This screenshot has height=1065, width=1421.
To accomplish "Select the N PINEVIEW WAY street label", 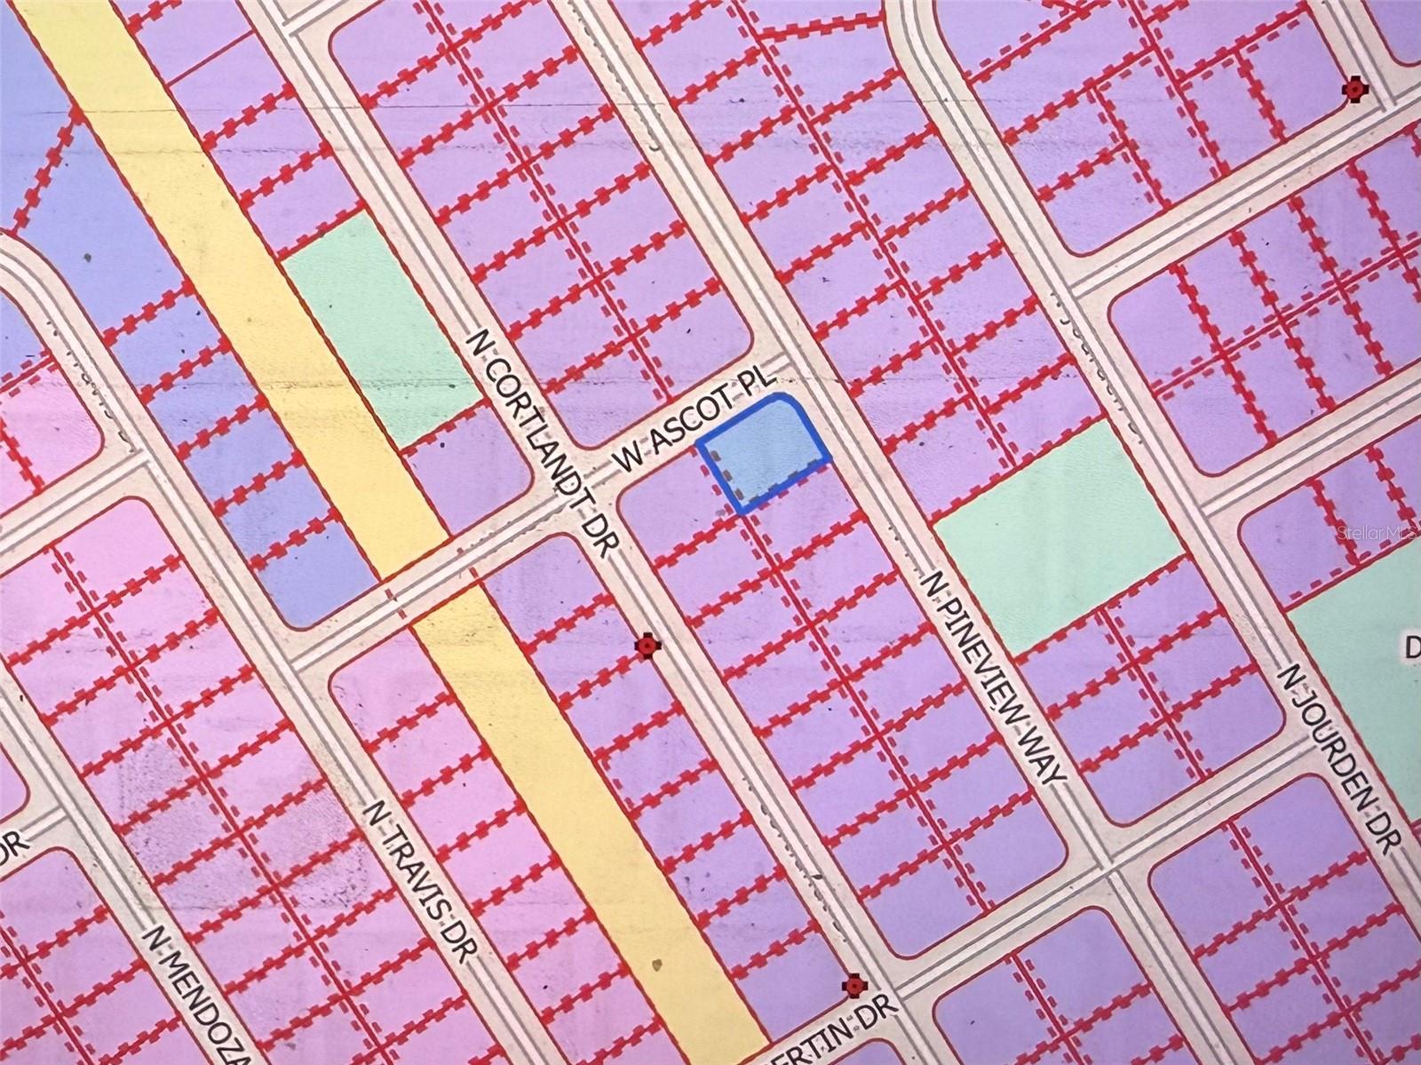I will [x=992, y=678].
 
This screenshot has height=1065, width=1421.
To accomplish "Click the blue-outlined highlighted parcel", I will [x=766, y=448].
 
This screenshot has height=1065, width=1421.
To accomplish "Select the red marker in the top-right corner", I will [x=1354, y=89].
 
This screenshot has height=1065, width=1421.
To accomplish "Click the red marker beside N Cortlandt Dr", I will [x=648, y=646].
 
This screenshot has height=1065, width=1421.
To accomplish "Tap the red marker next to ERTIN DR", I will [x=853, y=985].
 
